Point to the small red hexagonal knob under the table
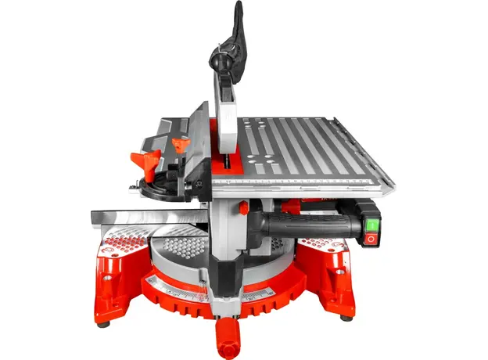[243, 208]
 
